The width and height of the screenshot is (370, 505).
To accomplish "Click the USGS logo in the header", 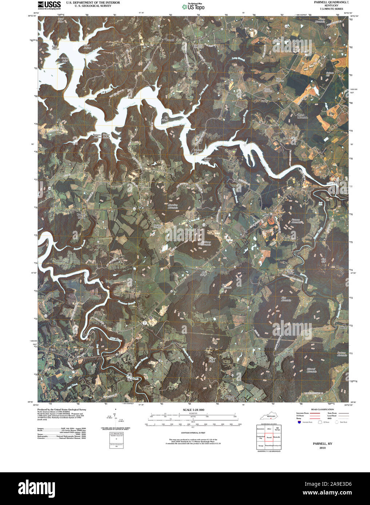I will coord(49,5).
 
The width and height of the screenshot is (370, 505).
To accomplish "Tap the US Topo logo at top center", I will coord(194,6).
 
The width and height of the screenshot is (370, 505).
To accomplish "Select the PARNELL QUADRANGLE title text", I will coord(326,2).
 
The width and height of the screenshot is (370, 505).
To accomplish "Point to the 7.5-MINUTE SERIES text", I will coord(326,9).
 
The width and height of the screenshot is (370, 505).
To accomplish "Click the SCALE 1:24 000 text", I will coord(194,409).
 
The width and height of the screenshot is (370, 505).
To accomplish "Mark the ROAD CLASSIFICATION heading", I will coord(320,409).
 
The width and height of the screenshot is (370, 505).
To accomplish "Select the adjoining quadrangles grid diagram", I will coord(268,437).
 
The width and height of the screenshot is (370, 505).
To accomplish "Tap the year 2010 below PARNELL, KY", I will coord(322,448).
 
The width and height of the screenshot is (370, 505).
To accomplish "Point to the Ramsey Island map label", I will coord(81,215).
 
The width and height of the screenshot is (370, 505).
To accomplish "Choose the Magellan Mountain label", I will coord(172,206).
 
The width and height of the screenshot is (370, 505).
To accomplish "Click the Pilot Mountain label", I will coord(286,299).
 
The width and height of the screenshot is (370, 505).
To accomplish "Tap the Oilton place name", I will coord(343,327).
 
